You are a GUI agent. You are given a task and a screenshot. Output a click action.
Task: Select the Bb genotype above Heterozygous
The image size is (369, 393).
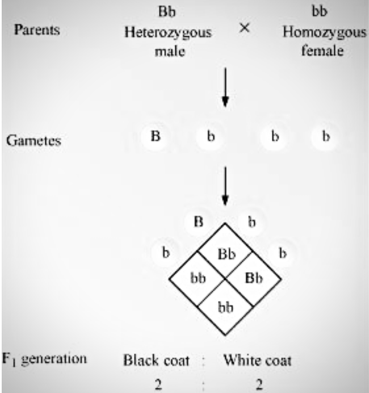point(168,11)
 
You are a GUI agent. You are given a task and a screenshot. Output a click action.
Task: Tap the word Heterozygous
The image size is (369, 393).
point(168,32)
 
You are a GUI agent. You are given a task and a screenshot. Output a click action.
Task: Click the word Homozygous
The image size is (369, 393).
point(324,32)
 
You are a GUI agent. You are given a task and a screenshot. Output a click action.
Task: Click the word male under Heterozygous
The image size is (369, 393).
point(168,53)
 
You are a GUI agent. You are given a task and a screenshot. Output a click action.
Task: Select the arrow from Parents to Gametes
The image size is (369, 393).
point(226,88)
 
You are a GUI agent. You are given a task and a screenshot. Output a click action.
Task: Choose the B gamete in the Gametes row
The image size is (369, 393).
point(154,137)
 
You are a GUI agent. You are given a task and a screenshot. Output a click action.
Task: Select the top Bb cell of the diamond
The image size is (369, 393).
point(226,253)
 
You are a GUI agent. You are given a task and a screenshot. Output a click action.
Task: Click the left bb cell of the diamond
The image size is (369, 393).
point(198,280)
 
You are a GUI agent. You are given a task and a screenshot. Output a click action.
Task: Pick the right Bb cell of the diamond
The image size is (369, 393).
point(253,280)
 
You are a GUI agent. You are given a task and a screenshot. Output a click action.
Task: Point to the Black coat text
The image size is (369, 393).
point(157,361)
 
